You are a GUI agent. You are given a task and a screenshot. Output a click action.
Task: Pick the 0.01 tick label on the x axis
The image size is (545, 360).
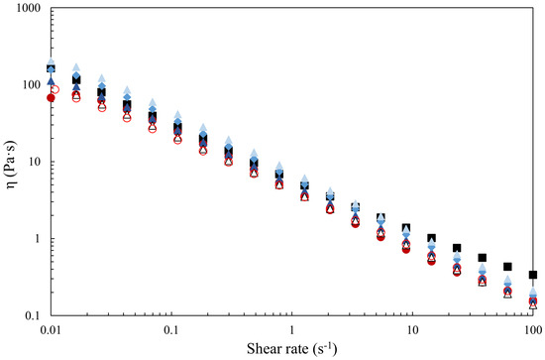point(51,329)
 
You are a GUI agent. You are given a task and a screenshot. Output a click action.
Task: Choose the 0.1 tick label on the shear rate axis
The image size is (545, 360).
point(171,329)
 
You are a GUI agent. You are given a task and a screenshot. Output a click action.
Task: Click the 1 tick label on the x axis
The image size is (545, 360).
point(292,329)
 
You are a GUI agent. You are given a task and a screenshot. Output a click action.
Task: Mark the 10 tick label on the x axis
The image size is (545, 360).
point(412,329)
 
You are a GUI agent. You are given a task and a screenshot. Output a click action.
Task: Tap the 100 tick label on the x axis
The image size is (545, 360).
point(532,329)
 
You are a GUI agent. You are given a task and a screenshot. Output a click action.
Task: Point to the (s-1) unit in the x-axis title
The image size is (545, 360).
point(323,348)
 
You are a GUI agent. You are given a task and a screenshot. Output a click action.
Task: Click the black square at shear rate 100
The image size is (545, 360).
point(533,275)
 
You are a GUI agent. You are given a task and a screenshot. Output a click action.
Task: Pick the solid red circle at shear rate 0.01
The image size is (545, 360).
point(52,98)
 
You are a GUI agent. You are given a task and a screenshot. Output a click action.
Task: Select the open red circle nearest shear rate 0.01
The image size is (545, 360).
point(54,89)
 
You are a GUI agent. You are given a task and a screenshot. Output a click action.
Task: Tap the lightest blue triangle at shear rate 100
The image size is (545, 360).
point(533,292)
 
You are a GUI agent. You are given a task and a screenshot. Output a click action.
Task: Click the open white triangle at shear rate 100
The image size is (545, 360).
point(533,305)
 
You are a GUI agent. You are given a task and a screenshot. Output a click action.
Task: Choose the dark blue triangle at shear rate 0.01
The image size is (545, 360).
point(52,81)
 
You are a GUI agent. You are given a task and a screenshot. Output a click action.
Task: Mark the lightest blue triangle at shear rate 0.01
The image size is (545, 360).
point(52,61)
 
